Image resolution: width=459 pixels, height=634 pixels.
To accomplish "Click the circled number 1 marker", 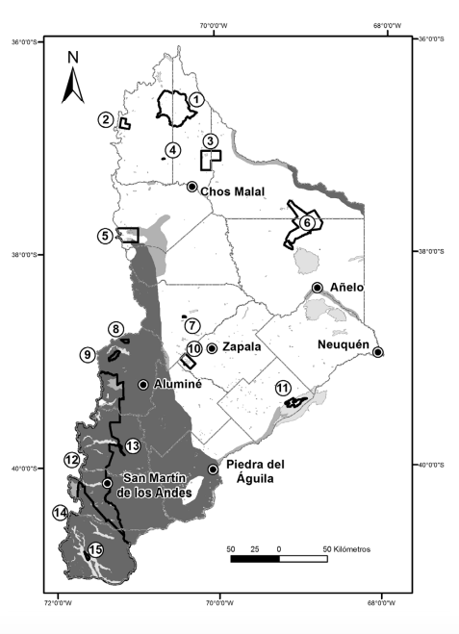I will point(196,99).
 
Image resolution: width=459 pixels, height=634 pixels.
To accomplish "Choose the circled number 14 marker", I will point(61,514).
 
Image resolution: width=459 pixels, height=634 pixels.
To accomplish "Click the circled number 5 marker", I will point(105,235).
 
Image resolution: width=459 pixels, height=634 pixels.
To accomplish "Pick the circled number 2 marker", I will point(105,119).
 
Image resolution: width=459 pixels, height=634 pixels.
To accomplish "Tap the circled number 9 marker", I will point(88,355).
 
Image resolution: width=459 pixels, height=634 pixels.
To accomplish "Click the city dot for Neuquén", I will point(378,352).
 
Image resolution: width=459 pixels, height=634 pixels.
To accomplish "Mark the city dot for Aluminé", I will point(143,385).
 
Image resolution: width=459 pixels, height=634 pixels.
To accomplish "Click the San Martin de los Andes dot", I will point(107,483).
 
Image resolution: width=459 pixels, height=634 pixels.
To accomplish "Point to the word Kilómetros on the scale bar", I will point(348,548).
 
